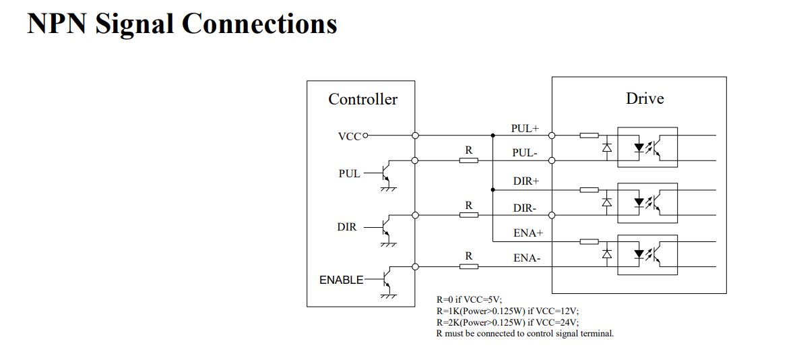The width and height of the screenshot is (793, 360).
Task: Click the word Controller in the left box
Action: [x=362, y=99]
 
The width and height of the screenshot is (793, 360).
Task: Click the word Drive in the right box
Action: [x=645, y=98]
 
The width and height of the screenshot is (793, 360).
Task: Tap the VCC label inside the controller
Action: [x=350, y=136]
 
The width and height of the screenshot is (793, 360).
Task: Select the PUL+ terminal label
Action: [x=525, y=128]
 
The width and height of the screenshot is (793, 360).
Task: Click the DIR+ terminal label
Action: [x=526, y=181]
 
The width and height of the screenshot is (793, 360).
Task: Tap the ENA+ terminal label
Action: [x=528, y=233]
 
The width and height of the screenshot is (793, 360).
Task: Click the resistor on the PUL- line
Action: [x=469, y=160]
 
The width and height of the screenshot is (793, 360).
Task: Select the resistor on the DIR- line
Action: [x=469, y=215]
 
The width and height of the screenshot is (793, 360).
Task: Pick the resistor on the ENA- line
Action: [x=469, y=266]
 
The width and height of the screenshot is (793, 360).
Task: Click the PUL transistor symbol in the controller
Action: [x=385, y=173]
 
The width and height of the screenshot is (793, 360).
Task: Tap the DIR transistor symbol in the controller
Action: [x=385, y=228]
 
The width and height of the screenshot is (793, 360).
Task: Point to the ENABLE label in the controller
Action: [x=341, y=280]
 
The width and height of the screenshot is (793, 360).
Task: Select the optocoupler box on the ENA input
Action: [x=647, y=253]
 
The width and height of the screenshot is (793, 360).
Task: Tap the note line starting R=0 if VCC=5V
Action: [x=470, y=300]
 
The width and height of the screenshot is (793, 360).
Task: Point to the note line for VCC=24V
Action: [x=507, y=322]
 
